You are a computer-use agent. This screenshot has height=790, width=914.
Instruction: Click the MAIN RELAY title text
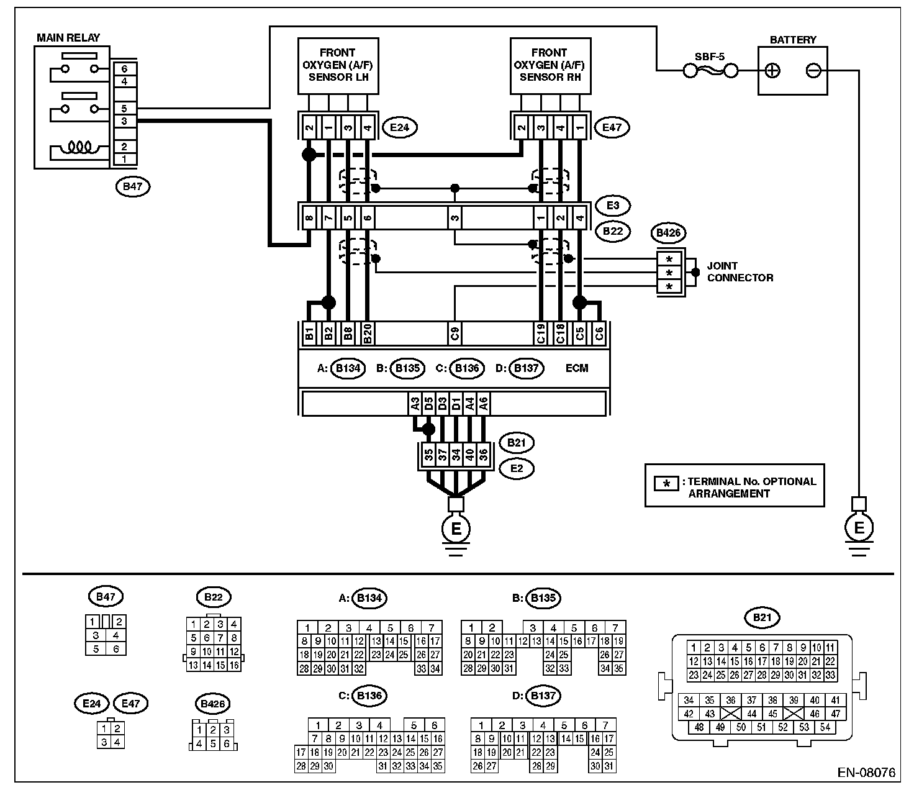pyautogui.click(x=68, y=38)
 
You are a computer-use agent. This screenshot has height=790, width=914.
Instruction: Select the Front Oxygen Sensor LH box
pyautogui.click(x=338, y=65)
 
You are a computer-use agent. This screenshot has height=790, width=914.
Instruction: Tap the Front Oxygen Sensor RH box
pyautogui.click(x=550, y=65)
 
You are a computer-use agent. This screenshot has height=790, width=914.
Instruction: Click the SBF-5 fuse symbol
pyautogui.click(x=710, y=71)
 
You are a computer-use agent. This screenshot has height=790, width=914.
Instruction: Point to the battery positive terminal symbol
pyautogui.click(x=772, y=71)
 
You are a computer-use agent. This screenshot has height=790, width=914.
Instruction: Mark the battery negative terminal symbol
pyautogui.click(x=813, y=71)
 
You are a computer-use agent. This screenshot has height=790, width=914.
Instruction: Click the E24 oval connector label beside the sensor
pyautogui.click(x=400, y=128)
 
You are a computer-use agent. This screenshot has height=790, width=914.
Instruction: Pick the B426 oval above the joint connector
pyautogui.click(x=668, y=234)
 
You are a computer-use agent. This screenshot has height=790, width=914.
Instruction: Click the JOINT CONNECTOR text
pyautogui.click(x=740, y=272)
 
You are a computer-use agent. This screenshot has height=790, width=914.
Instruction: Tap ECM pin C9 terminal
pyautogui.click(x=455, y=334)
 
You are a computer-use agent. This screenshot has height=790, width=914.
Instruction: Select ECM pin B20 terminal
pyautogui.click(x=368, y=334)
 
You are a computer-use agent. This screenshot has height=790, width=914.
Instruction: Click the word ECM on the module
pyautogui.click(x=577, y=368)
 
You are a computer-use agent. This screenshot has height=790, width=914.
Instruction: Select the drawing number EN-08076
pyautogui.click(x=866, y=773)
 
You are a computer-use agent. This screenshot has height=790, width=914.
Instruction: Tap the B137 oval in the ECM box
pyautogui.click(x=526, y=368)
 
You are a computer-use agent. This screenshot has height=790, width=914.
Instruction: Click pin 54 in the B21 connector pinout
pyautogui.click(x=825, y=727)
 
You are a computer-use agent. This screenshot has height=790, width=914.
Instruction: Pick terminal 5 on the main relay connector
pyautogui.click(x=124, y=109)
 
